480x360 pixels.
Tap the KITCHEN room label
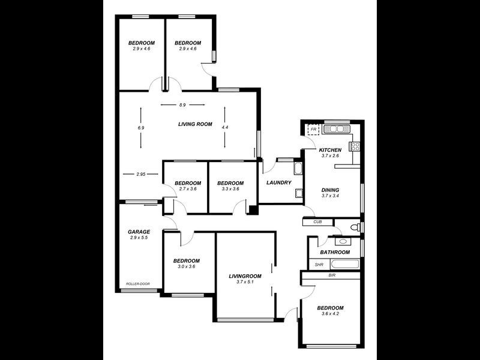[x=330, y=150]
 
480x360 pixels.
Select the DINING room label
[x=331, y=188]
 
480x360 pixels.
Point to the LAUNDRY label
[x=279, y=183]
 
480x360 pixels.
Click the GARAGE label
[x=139, y=232]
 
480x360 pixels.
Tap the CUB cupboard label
[x=317, y=222]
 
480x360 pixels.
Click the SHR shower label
[x=319, y=265]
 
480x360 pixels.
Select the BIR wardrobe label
[x=332, y=276]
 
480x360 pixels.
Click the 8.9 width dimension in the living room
[x=182, y=105]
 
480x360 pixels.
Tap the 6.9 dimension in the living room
[x=141, y=128]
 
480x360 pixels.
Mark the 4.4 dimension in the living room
[x=224, y=128]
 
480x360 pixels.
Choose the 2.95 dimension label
[x=141, y=175]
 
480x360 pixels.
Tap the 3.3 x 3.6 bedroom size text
[x=230, y=189]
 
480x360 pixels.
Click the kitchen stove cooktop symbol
[x=355, y=145]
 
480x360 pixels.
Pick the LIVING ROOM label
[x=195, y=124]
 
